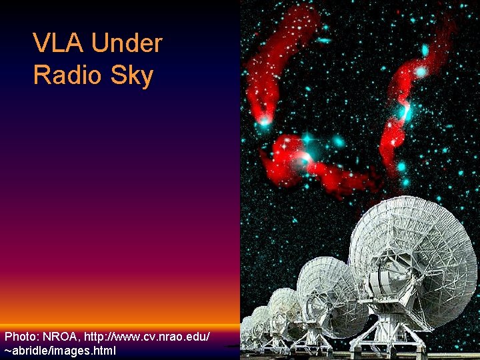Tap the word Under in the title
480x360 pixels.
coord(127,44)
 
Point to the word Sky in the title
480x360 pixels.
coord(132,76)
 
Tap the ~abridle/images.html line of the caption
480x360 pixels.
coord(60,350)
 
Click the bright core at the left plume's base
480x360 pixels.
coord(265,121)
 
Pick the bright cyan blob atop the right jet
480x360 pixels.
coord(421,71)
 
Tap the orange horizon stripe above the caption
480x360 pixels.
coord(120,326)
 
